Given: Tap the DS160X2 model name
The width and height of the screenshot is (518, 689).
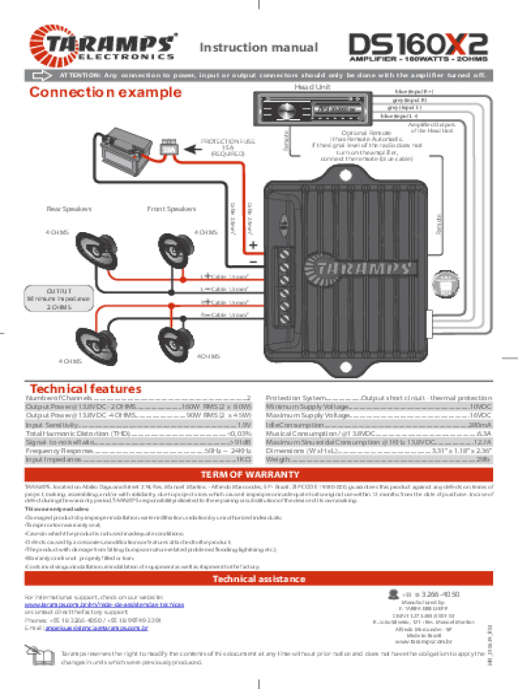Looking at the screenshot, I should pos(417,44).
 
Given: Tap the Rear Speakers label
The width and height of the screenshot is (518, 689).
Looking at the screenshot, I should pos(69,209).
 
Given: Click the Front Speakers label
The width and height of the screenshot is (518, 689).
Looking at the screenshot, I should pos(171,209).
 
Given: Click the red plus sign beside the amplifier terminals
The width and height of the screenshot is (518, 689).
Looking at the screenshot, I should pos(253,245).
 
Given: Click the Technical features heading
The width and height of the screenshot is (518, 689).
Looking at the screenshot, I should pos(85,389).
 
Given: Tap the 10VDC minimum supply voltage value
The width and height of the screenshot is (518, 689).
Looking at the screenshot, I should pos(480,408).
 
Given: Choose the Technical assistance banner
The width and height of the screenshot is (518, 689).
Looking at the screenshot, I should pos(259,579).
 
